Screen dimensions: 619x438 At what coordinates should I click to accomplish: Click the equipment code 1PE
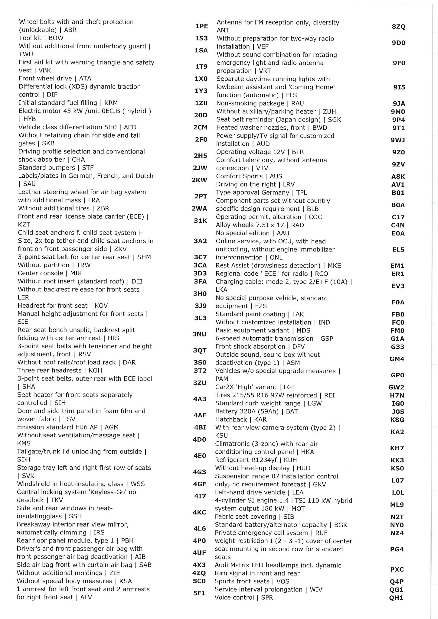click(x=201, y=26)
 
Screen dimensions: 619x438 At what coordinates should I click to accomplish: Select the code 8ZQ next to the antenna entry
click(x=398, y=27)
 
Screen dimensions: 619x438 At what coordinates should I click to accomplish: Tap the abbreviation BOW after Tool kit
click(x=56, y=38)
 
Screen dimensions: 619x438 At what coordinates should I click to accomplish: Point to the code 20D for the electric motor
click(x=201, y=115)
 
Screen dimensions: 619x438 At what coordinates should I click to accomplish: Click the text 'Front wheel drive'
click(x=45, y=79)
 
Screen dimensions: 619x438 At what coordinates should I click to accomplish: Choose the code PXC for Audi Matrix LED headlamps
click(x=397, y=569)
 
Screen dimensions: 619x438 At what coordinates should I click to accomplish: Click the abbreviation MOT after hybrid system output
click(x=298, y=508)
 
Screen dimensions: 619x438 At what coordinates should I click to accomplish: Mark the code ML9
click(x=397, y=504)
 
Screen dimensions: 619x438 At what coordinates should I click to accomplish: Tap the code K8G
click(x=397, y=420)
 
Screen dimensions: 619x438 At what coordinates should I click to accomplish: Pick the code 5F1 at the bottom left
click(x=199, y=593)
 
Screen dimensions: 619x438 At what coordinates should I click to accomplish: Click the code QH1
click(x=396, y=598)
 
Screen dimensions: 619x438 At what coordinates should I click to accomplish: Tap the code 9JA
click(x=399, y=104)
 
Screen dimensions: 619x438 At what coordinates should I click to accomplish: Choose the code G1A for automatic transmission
click(x=397, y=339)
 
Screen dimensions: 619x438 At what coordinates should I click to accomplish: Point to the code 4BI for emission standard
click(x=200, y=427)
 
